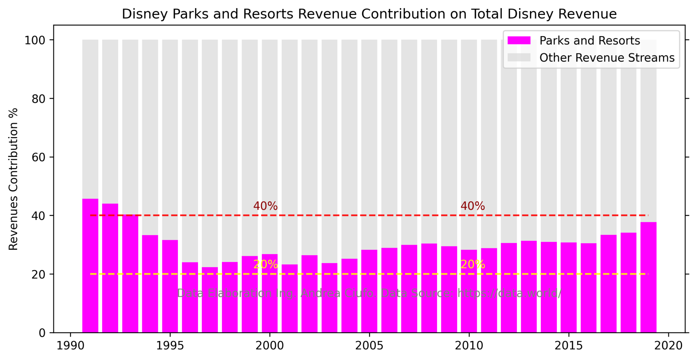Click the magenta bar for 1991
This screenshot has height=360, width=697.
[90, 265]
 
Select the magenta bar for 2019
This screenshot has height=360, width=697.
[648, 277]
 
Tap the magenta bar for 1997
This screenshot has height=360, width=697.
[210, 299]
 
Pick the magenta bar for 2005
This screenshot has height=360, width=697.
[369, 291]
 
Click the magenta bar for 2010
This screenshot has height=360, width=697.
[469, 291]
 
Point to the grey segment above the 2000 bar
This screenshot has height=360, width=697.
[270, 146]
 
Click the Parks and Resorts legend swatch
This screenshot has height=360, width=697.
[519, 40]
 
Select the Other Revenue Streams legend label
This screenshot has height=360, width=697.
[607, 58]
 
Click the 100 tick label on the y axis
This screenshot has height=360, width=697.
[35, 40]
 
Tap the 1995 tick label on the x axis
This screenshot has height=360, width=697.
[170, 346]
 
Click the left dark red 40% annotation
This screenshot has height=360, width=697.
[265, 206]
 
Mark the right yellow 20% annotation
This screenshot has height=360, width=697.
[472, 264]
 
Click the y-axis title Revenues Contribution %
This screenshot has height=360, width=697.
[13, 179]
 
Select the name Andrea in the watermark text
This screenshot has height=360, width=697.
[320, 293]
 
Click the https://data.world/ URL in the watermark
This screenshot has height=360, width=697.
[509, 293]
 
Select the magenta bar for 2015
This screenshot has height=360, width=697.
[569, 288]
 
